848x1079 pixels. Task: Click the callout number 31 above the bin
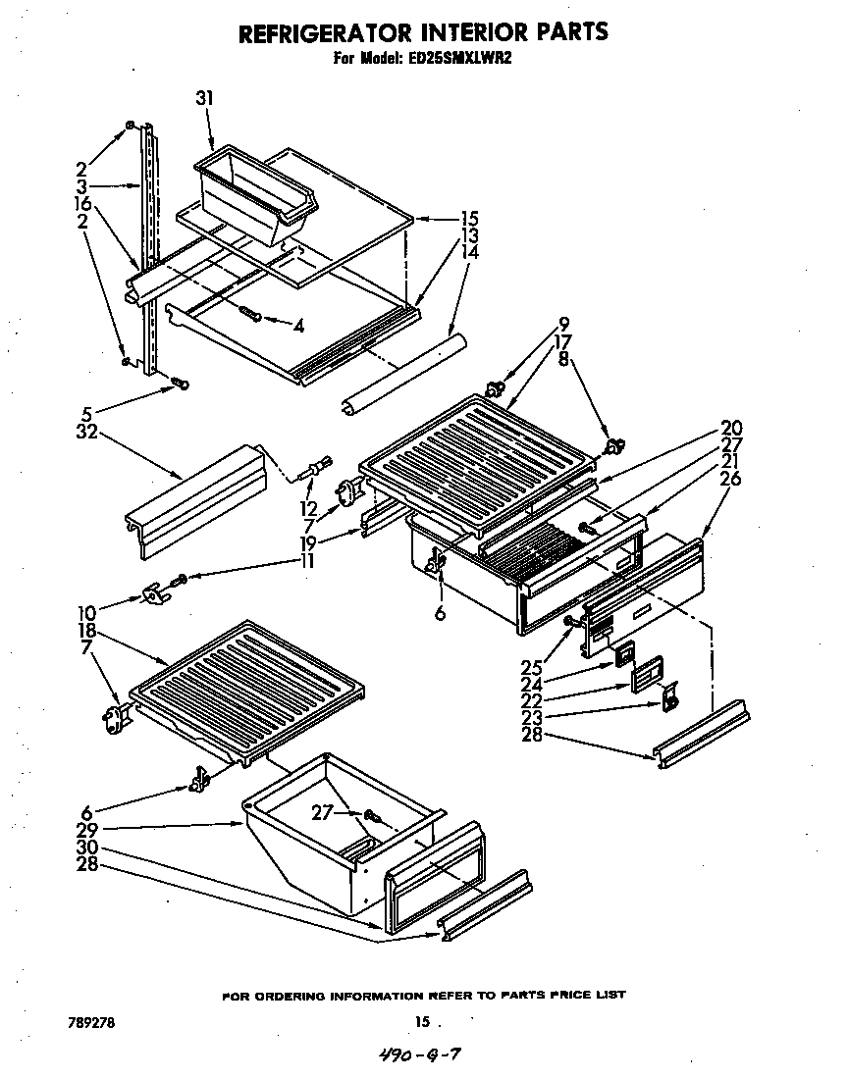(204, 98)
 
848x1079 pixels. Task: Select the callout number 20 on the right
(730, 428)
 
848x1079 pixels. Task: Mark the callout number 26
(730, 480)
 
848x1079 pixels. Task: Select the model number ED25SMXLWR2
(460, 59)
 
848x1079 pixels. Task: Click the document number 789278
(90, 1021)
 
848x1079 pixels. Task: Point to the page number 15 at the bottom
(421, 1022)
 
